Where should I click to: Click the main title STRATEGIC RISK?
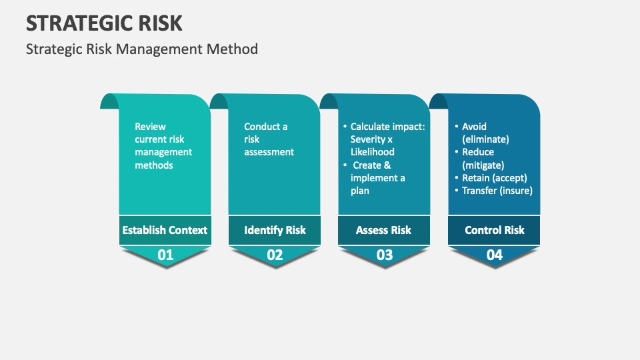coord(104,23)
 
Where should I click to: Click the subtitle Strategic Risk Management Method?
coord(141,49)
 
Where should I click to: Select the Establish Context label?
coord(165,230)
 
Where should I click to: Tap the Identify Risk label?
coord(275,230)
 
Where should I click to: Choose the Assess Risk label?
coord(383,230)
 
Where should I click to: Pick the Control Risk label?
coord(494,230)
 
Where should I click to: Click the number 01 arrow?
coord(165,255)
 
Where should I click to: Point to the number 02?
coord(275,255)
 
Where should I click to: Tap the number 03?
coord(384,255)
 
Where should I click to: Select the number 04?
coord(494,255)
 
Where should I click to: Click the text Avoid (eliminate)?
coord(485,133)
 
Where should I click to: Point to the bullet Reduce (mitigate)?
coord(483,159)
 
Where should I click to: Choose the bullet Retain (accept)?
coord(494,178)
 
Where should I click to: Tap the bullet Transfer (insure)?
coord(497,191)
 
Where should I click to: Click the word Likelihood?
coord(372,152)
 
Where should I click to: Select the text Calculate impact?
coord(387,127)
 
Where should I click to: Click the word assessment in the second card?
coord(269,152)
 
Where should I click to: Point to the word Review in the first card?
coord(150,127)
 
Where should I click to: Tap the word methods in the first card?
coord(153,165)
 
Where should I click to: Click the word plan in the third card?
coord(360,191)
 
